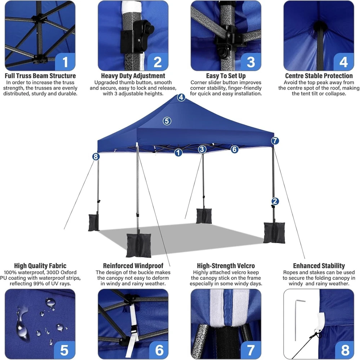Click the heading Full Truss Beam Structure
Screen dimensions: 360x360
tap(40, 76)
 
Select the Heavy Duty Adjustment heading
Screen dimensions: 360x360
tap(133, 76)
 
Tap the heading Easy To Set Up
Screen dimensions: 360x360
tap(226, 76)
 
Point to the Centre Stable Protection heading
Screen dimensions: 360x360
tap(319, 76)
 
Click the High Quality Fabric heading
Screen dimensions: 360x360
tap(40, 266)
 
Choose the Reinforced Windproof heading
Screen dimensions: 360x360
tap(133, 266)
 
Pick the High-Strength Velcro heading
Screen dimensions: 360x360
tap(226, 266)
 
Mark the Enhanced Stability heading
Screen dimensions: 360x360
tap(319, 266)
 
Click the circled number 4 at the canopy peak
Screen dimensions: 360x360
tap(181, 97)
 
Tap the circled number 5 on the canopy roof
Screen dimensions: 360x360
tap(167, 121)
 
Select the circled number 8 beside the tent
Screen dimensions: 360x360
tap(96, 157)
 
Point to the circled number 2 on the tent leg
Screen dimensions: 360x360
tap(275, 201)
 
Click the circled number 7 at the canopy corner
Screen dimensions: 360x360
tap(275, 141)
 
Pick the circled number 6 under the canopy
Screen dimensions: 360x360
tap(234, 149)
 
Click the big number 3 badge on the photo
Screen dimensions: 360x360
tap(250, 62)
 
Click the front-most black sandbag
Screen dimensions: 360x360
tap(138, 245)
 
